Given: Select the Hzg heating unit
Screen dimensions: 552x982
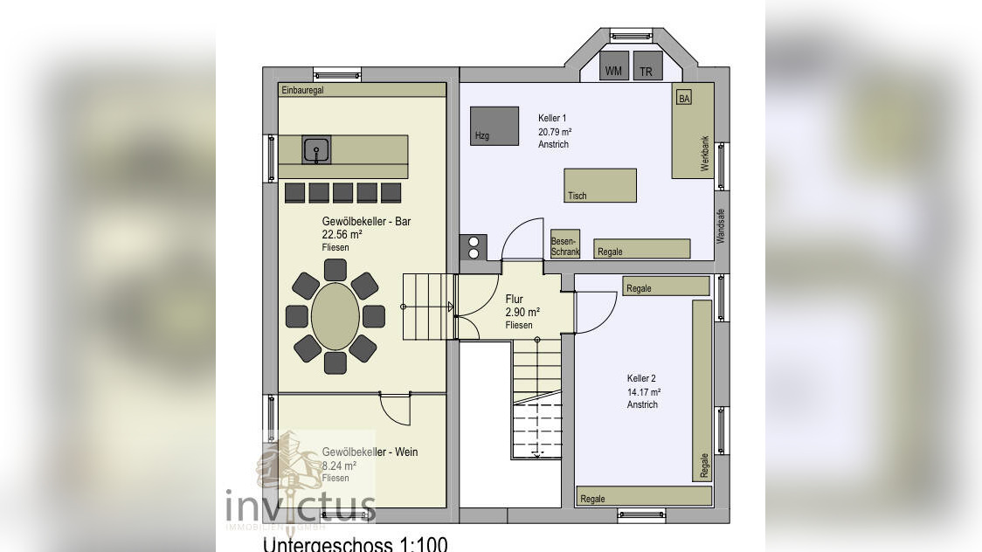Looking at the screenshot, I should pos(494,125).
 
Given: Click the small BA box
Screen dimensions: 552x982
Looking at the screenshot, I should pos(684,99).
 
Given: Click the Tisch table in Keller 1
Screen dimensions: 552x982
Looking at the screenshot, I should pos(599,185).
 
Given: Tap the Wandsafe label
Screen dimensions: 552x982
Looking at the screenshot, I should pos(721,224).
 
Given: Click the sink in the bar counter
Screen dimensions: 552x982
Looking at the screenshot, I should pos(315,150).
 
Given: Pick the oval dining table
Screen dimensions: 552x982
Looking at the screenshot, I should pos(335,316).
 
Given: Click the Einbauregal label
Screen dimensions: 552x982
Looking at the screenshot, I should pos(302,90).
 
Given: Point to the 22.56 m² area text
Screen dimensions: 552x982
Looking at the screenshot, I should pos(342,235).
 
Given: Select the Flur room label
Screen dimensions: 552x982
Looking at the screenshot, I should pos(514,300).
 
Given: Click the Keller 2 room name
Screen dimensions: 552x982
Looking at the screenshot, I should pos(641,378).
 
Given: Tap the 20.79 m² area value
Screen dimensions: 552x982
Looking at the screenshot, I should pos(555,131).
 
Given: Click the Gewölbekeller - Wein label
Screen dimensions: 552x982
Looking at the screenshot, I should pos(370,452).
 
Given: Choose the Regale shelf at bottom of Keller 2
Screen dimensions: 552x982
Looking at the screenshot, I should pos(644,497).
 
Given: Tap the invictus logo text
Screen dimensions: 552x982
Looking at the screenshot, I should pos(301,507).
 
